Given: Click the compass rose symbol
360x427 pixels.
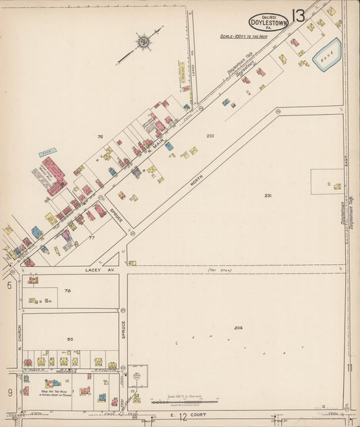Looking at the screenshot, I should [144, 43].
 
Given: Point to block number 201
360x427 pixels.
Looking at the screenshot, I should [210, 136].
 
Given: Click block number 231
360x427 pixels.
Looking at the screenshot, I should [268, 196].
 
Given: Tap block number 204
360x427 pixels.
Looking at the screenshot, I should [238, 328].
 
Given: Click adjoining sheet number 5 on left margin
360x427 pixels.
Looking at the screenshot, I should [9, 286].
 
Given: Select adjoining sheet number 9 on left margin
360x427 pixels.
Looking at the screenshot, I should [9, 393].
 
